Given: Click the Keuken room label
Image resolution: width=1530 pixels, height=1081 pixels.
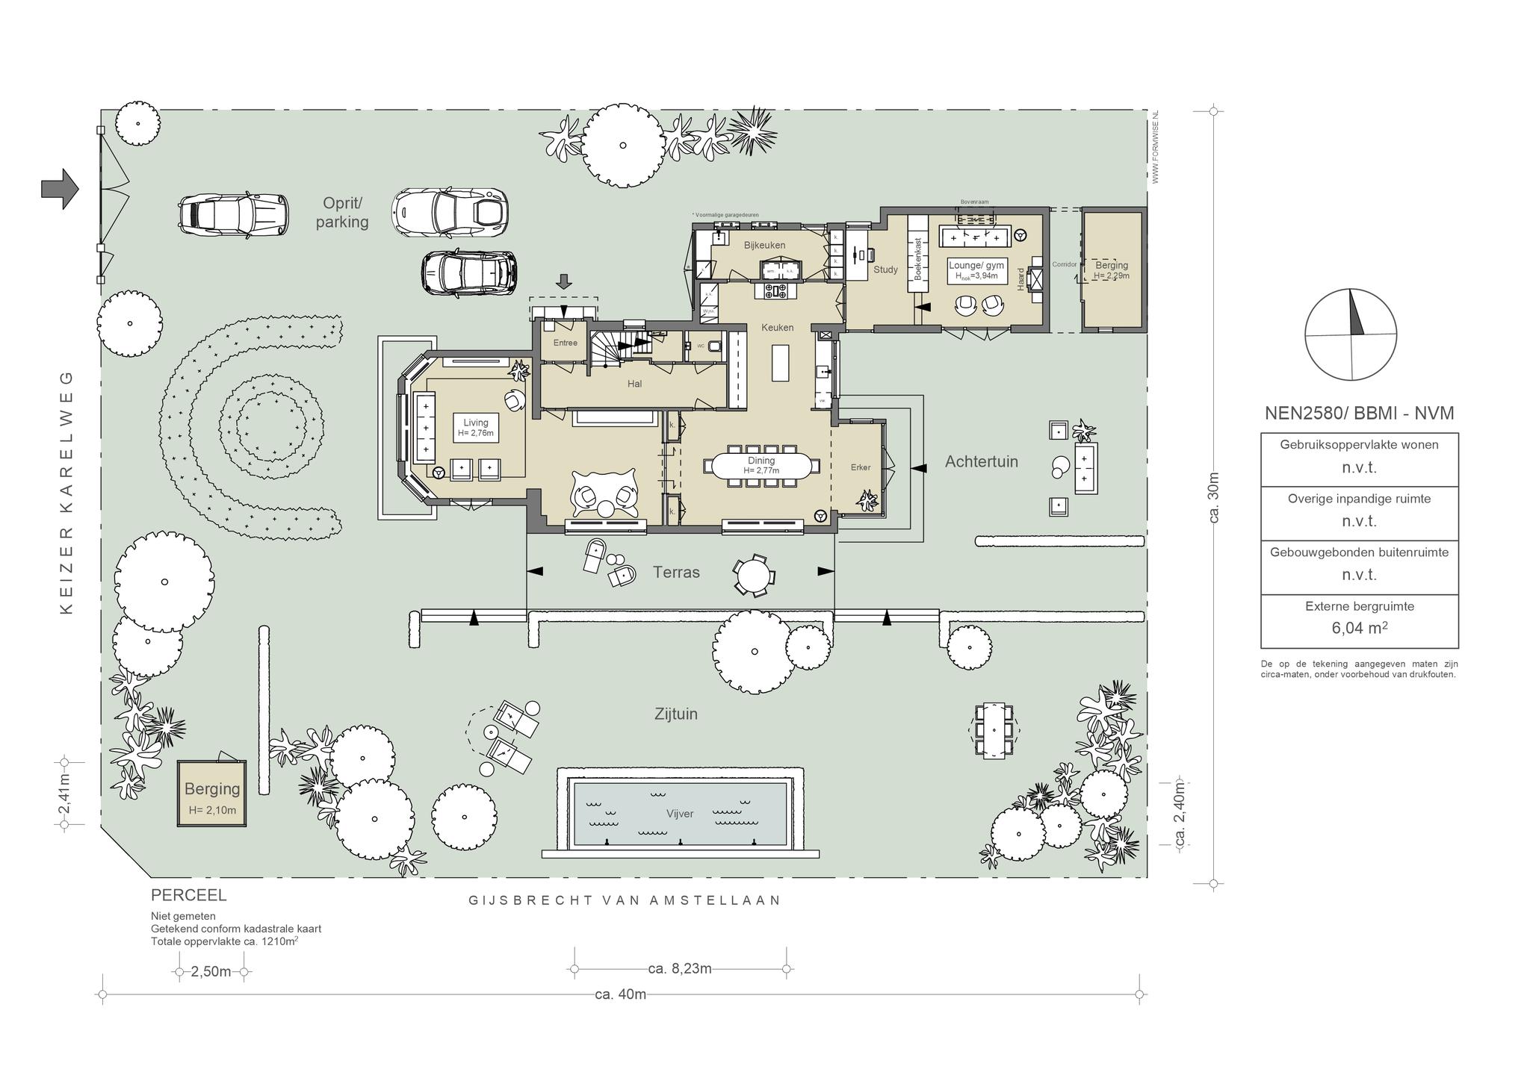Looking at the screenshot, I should [777, 327].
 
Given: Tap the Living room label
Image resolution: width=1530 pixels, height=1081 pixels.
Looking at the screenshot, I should [475, 423].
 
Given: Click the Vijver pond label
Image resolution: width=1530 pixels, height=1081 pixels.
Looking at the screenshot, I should [680, 814].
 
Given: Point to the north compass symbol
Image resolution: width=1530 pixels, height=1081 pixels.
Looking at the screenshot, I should [1351, 334].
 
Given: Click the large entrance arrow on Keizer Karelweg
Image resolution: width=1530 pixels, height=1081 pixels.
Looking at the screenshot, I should [60, 188].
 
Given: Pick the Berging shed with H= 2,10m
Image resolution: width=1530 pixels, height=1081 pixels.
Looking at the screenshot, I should [212, 794].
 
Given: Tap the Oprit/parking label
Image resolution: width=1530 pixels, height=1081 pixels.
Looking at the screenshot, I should [342, 213].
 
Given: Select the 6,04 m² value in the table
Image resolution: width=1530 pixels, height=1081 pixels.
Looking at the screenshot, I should [1359, 628].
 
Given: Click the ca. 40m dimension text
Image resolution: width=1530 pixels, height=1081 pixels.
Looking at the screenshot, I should [620, 994].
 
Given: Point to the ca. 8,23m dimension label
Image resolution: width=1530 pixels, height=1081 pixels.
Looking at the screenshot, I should [680, 969].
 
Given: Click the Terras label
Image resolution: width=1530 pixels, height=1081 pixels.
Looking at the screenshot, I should [676, 573].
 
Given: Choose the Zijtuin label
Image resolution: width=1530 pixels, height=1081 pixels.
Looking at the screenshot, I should [675, 714].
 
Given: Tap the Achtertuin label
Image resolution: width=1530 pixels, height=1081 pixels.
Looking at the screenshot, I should [981, 461].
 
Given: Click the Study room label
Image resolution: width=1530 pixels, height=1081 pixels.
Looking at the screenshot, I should [885, 270].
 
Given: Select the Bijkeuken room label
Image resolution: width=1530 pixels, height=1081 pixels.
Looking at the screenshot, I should [764, 245].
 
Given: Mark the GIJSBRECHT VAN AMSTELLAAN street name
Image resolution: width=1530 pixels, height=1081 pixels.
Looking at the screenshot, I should [625, 900].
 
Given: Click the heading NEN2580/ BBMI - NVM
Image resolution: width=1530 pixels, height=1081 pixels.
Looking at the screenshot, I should [1359, 413].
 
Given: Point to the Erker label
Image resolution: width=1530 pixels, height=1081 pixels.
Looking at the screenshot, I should [861, 467].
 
